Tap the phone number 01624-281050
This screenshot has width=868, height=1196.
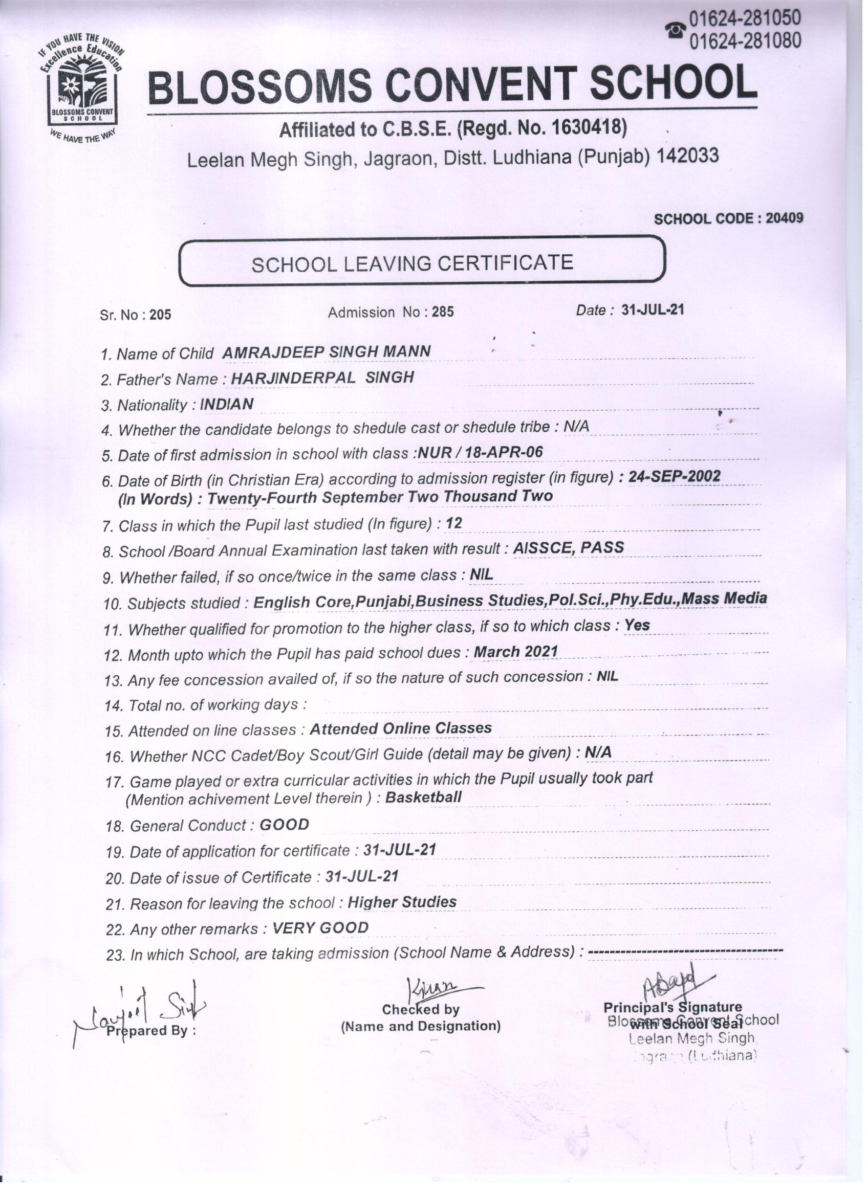tap(745, 18)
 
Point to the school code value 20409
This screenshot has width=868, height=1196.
tap(784, 218)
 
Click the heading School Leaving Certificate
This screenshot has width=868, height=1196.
tap(412, 263)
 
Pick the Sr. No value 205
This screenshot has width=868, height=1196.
tap(160, 315)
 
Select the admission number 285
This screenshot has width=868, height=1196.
tap(443, 312)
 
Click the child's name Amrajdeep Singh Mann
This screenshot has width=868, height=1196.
tap(326, 352)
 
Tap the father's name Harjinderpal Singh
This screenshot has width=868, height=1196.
tap(322, 378)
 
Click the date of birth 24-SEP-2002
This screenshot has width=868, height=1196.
tap(674, 476)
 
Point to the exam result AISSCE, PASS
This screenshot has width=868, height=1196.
tap(568, 548)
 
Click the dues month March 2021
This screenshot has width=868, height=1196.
tap(515, 652)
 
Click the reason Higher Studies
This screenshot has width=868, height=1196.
tap(402, 902)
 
